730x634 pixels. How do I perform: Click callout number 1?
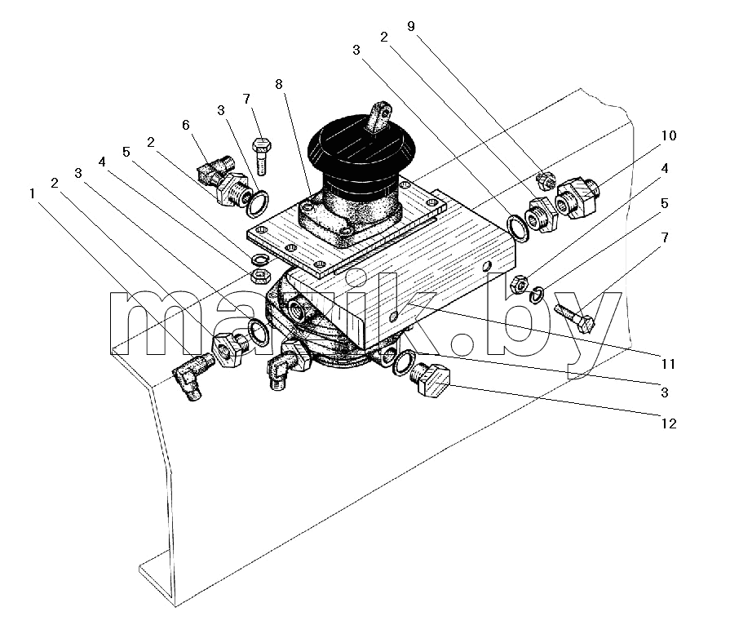[32, 193]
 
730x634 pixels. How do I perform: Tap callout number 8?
[278, 84]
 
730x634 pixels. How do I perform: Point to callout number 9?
[410, 26]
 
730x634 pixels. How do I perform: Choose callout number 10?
[669, 135]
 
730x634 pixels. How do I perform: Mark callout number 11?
[669, 363]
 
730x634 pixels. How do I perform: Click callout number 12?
[669, 423]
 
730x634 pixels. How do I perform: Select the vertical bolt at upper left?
[261, 156]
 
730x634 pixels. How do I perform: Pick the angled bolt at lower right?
[575, 317]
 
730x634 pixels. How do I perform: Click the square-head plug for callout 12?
[430, 379]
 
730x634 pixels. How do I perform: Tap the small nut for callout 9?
[545, 180]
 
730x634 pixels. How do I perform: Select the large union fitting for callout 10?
[577, 197]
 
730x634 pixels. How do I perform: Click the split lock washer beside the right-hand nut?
[538, 294]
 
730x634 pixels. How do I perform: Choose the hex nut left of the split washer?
[519, 285]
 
